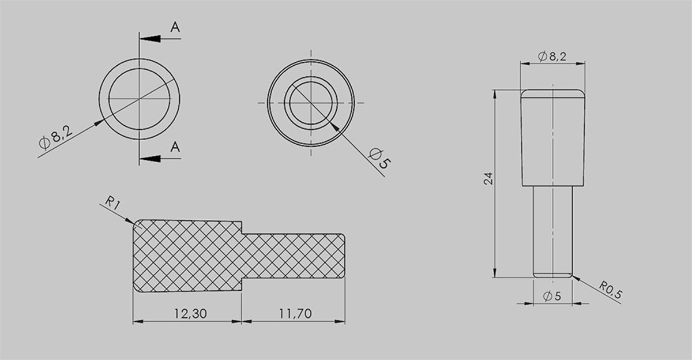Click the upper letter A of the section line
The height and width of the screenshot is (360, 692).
tap(175, 27)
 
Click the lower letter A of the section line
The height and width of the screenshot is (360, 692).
tap(175, 147)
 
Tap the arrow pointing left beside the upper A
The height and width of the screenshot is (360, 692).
tap(150, 39)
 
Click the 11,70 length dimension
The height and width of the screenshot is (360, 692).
tap(295, 313)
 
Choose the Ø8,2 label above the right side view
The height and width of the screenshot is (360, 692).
tap(551, 57)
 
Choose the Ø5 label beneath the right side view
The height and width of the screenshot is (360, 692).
tap(552, 296)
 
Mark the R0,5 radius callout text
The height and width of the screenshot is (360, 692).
tap(610, 290)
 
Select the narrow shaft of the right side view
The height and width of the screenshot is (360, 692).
tap(553, 231)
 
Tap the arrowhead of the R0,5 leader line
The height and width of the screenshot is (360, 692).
tap(574, 277)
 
